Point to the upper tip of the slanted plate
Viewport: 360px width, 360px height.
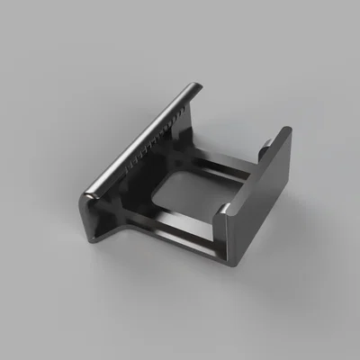(195, 87)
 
